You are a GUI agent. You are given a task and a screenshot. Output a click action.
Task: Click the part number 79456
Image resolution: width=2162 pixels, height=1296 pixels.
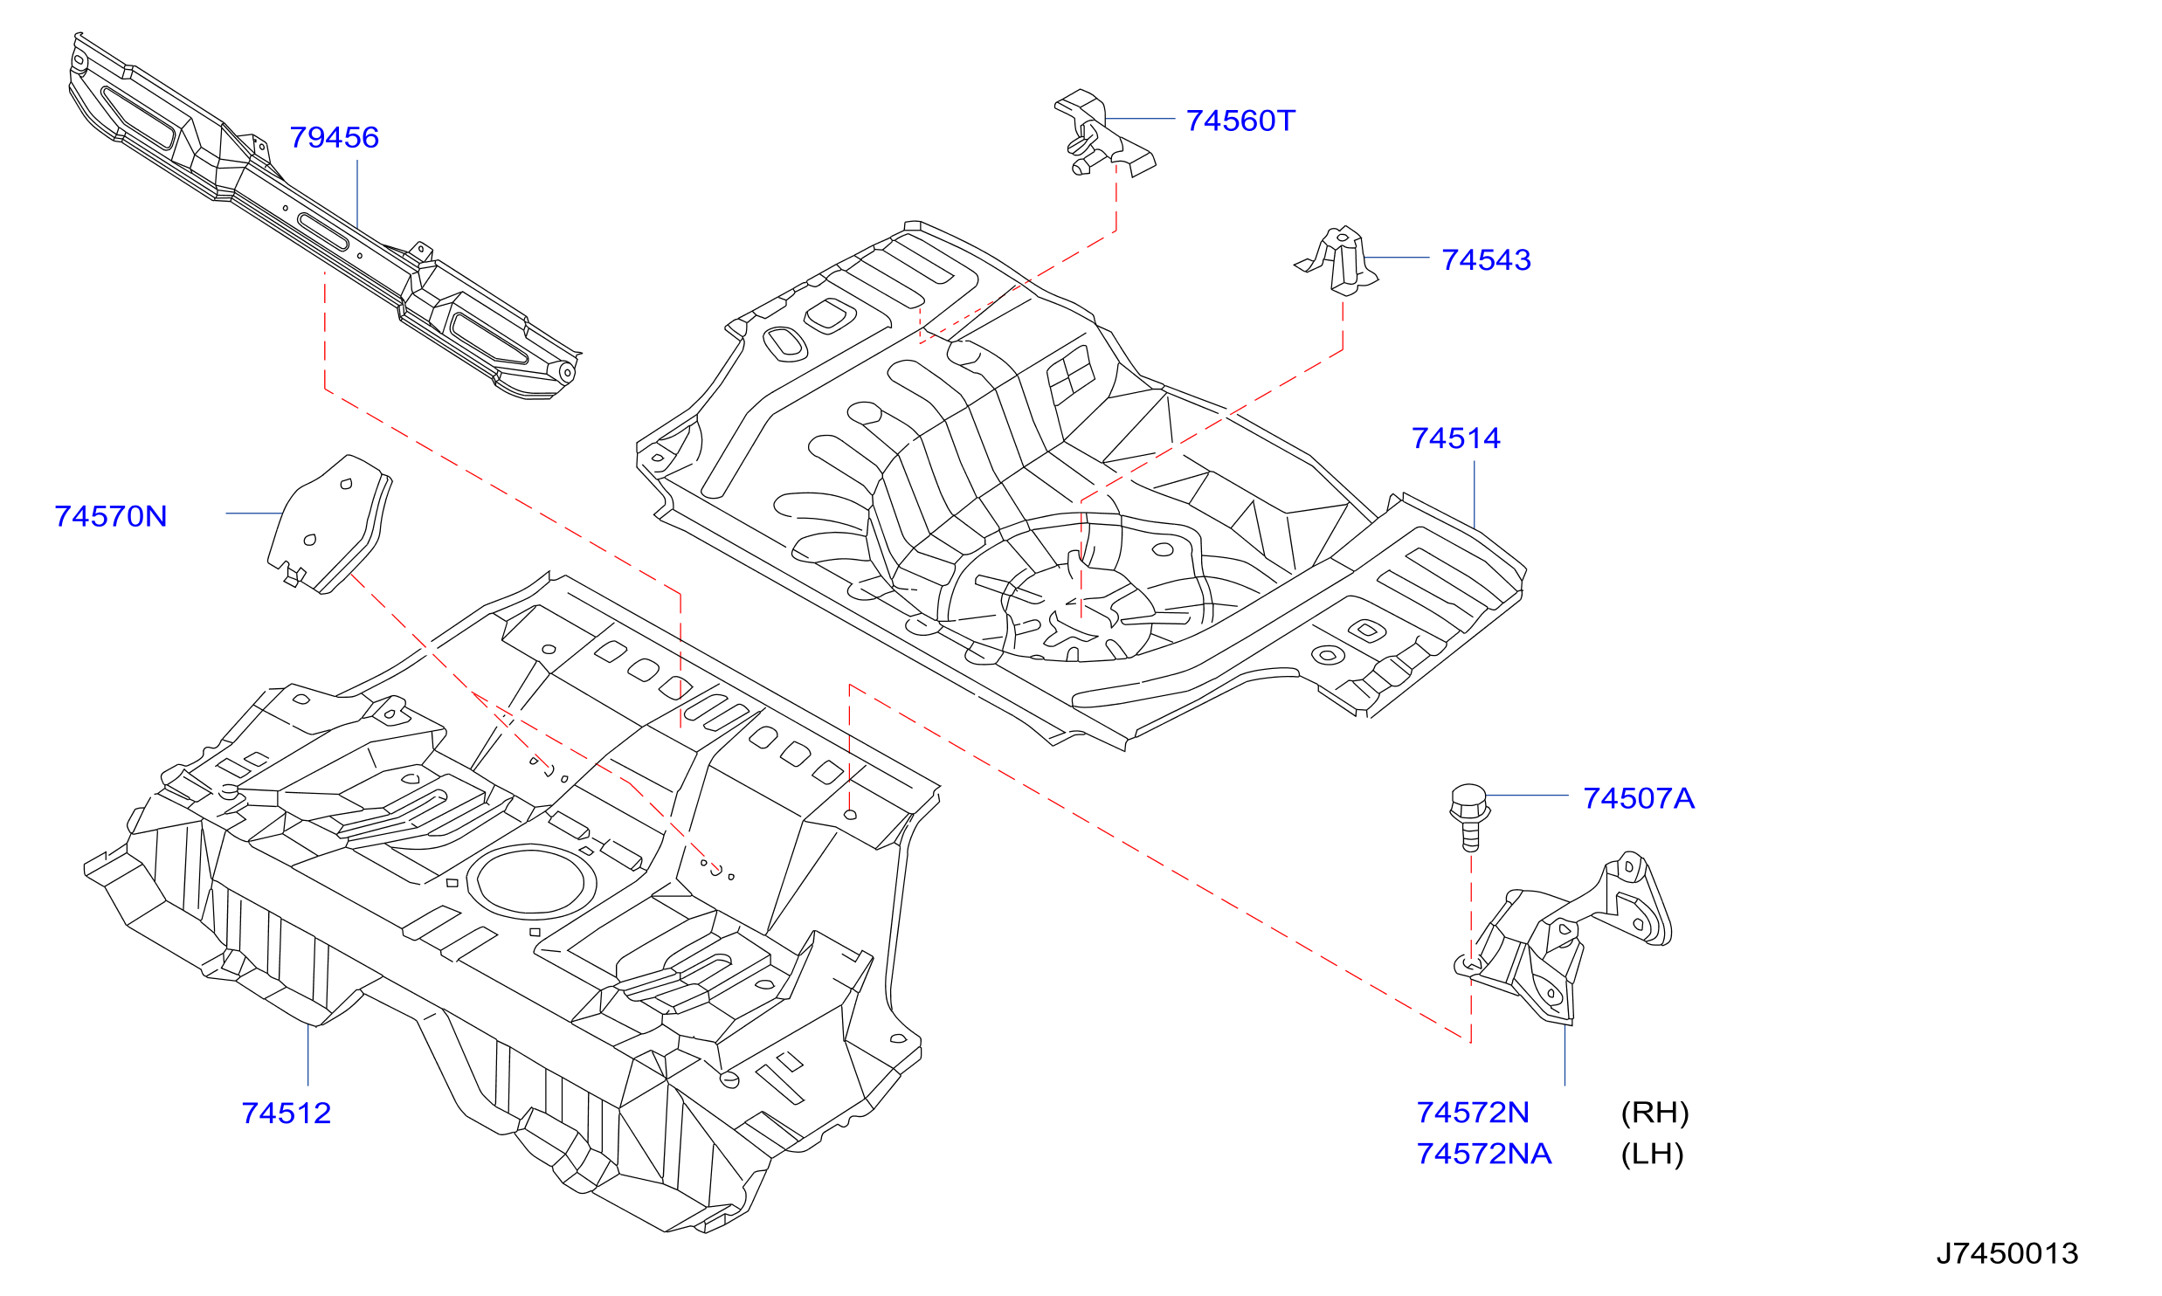(x=334, y=137)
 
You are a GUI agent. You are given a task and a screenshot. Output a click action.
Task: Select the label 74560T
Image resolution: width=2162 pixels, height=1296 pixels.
(x=1240, y=121)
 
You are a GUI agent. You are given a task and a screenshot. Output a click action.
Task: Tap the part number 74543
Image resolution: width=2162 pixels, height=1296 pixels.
(x=1486, y=259)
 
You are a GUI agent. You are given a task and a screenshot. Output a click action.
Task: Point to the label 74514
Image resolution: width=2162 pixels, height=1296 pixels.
(x=1456, y=438)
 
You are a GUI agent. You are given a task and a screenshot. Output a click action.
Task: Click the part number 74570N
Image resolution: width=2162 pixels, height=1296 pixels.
(x=111, y=516)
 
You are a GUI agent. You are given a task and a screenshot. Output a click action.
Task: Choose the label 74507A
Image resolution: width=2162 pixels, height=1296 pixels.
(x=1639, y=798)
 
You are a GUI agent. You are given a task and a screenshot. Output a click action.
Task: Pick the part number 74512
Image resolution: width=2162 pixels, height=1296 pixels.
(x=287, y=1113)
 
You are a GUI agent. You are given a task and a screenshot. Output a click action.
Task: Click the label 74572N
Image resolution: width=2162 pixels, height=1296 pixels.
(x=1473, y=1112)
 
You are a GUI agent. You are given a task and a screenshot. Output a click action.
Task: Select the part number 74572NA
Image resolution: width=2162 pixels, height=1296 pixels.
(x=1484, y=1154)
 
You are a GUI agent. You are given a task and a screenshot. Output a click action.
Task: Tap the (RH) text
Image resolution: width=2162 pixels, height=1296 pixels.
(x=1654, y=1112)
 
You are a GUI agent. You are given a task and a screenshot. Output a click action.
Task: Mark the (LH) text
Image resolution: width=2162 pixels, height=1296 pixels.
(x=1652, y=1154)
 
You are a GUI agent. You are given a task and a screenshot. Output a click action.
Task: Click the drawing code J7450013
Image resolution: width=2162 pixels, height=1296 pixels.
(x=2007, y=1253)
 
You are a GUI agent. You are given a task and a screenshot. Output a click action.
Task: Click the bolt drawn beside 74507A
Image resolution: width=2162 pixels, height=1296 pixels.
(x=1469, y=817)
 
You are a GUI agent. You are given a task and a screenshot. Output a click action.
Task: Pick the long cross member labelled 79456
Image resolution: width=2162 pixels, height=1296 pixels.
(x=323, y=217)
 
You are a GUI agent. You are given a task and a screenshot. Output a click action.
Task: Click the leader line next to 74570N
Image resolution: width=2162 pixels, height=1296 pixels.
(x=253, y=513)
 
